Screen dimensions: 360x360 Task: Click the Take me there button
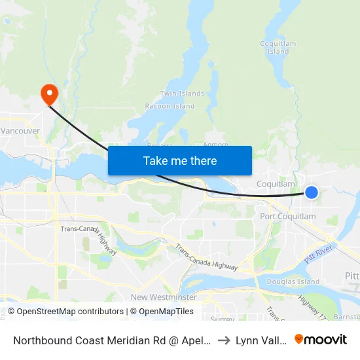coord(180,160)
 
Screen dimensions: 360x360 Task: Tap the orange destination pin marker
coord(49,95)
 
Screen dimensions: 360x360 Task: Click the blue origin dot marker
coord(312,192)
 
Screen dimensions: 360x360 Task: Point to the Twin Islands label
coord(182,94)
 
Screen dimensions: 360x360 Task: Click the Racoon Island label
coord(170,106)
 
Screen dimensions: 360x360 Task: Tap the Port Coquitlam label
coord(287,217)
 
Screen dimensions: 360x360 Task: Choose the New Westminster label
coord(163,297)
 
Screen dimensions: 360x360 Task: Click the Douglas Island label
coord(295,282)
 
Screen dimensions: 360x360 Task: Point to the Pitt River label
coord(319,253)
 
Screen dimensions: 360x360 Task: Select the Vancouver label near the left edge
coord(20,131)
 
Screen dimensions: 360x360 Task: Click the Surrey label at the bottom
coord(222,319)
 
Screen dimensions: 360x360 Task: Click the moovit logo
coord(321,339)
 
